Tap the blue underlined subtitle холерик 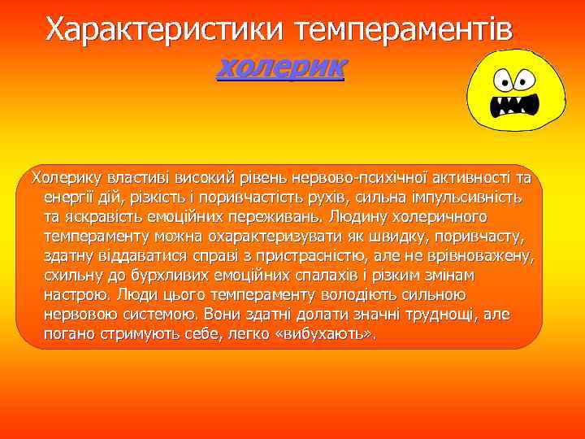pyautogui.click(x=281, y=66)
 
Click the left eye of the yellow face pyautogui.click(x=501, y=80)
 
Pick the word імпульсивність pyautogui.click(x=470, y=198)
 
